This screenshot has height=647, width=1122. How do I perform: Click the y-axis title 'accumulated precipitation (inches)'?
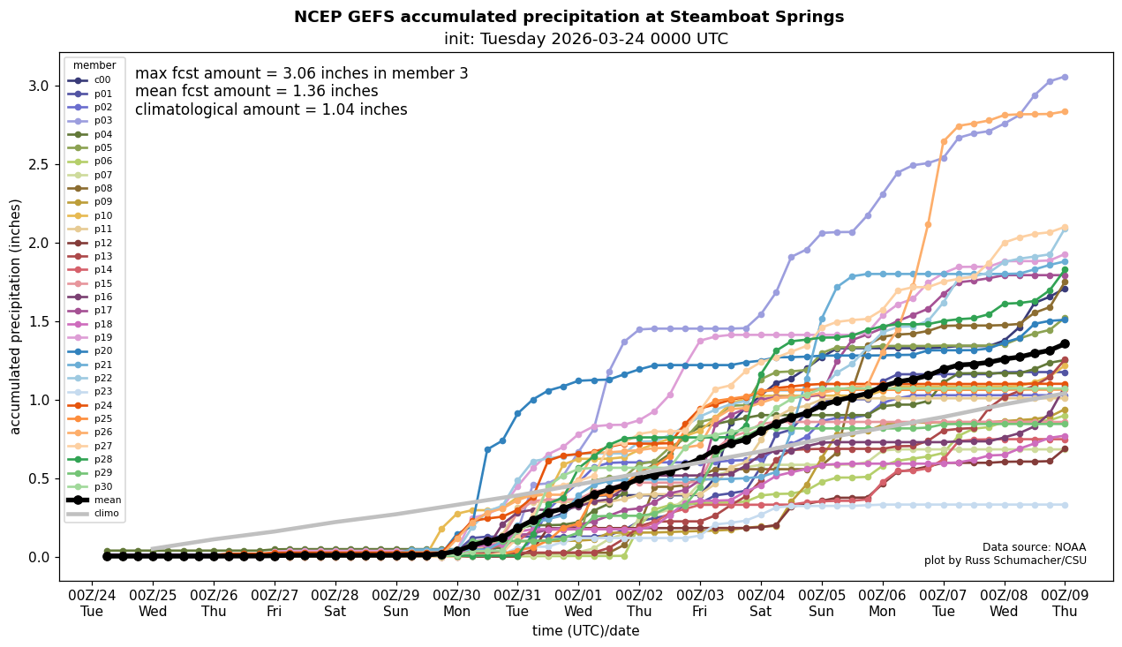15,316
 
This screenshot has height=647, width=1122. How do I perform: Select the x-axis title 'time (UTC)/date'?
585,631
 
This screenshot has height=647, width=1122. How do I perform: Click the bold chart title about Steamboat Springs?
569,17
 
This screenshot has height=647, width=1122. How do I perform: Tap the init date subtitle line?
585,39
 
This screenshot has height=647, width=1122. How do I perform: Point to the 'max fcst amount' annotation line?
301,73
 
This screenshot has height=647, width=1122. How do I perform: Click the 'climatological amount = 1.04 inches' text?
271,109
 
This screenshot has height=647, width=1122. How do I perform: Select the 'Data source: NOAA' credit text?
1034,547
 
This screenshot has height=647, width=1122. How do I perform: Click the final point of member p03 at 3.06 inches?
1065,77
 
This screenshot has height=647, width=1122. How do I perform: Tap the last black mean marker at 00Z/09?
1065,343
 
